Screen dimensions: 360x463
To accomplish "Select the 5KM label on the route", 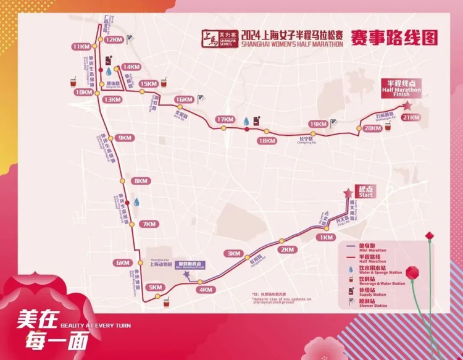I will click(x=156, y=287).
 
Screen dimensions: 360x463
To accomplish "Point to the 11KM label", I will click(x=80, y=47).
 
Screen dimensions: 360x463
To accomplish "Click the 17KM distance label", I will click(x=226, y=119).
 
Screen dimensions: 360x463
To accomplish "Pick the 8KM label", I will click(x=141, y=181).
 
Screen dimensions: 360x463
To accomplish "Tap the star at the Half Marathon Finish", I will click(x=407, y=106).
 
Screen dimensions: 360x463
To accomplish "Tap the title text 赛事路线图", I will click(x=394, y=38).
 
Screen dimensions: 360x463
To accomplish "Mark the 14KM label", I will click(x=131, y=67).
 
